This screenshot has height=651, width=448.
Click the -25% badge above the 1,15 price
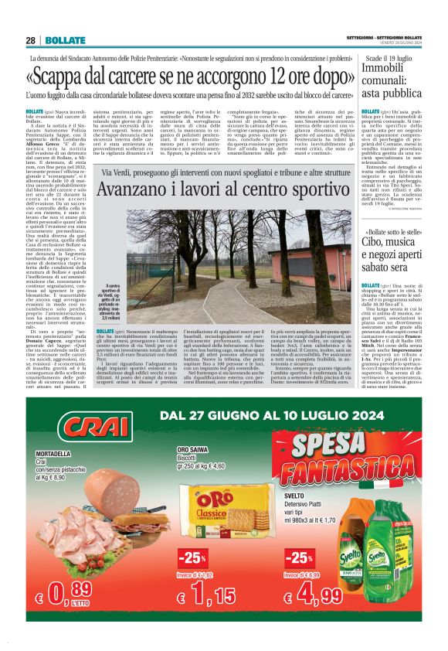(191, 557)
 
